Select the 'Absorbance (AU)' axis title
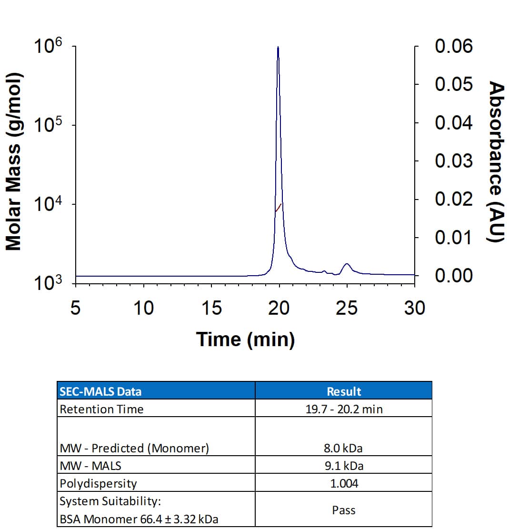point(497,162)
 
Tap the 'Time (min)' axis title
point(245,339)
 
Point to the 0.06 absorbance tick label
point(453,47)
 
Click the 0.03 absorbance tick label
point(453,161)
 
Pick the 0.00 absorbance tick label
point(453,276)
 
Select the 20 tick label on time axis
point(279,309)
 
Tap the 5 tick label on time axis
point(75,309)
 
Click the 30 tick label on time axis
point(414,309)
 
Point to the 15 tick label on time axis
point(211,309)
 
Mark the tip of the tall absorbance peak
point(278,47)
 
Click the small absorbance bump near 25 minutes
point(347,264)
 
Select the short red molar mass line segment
point(279,207)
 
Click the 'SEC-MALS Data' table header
point(100,391)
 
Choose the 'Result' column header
point(344,391)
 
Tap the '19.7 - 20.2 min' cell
point(344,409)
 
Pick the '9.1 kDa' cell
point(344,466)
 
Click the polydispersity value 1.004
point(344,483)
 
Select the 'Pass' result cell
point(344,510)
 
